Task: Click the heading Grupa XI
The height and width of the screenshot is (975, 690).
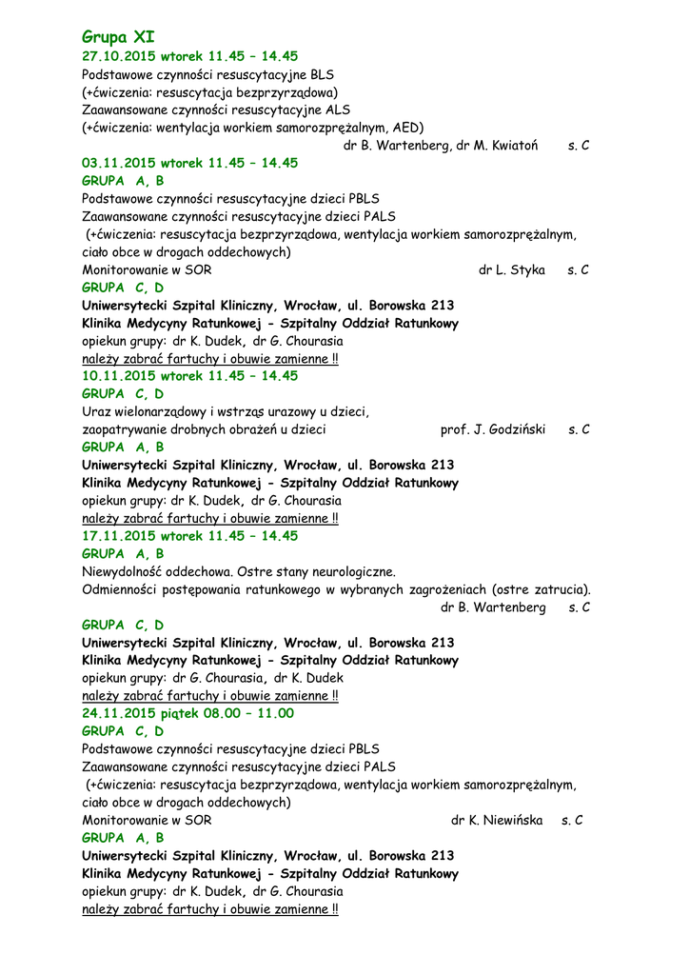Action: pyautogui.click(x=118, y=37)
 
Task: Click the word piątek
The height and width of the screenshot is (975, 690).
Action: pyautogui.click(x=181, y=713)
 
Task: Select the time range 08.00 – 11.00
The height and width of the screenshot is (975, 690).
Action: pyautogui.click(x=249, y=713)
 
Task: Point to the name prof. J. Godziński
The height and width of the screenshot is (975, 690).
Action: pyautogui.click(x=493, y=429)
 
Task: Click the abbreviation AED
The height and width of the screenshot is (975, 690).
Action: pyautogui.click(x=405, y=128)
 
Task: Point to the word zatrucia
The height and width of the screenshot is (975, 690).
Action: pyautogui.click(x=562, y=589)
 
